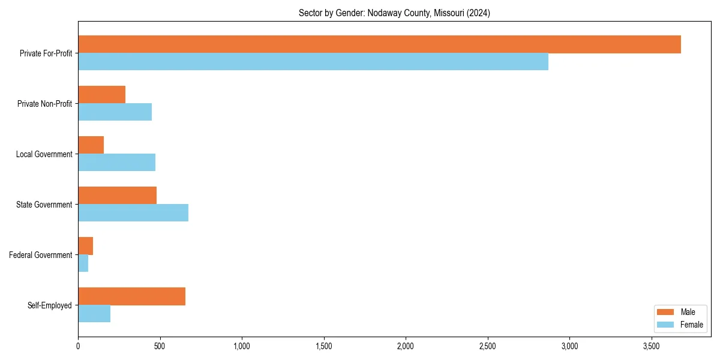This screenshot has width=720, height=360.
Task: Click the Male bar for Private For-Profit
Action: pyautogui.click(x=379, y=44)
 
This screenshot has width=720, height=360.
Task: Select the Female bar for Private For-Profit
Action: pyautogui.click(x=313, y=62)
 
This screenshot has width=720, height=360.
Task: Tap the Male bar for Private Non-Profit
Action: pyautogui.click(x=101, y=95)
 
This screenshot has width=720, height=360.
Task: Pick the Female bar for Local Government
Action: pyautogui.click(x=116, y=163)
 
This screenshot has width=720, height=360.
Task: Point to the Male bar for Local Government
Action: pyautogui.click(x=91, y=145)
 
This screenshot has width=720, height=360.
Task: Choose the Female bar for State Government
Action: pyautogui.click(x=133, y=213)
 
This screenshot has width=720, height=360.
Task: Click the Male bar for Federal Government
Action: pyautogui.click(x=85, y=246)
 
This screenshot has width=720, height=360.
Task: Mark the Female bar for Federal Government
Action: pyautogui.click(x=83, y=263)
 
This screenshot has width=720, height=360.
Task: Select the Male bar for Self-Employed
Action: pyautogui.click(x=131, y=296)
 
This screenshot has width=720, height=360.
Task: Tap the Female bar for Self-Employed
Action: pyautogui.click(x=94, y=314)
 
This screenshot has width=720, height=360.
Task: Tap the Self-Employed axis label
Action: pyautogui.click(x=50, y=305)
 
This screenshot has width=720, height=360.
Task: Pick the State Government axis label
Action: pyautogui.click(x=44, y=205)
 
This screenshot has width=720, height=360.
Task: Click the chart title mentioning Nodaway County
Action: pyautogui.click(x=394, y=13)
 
